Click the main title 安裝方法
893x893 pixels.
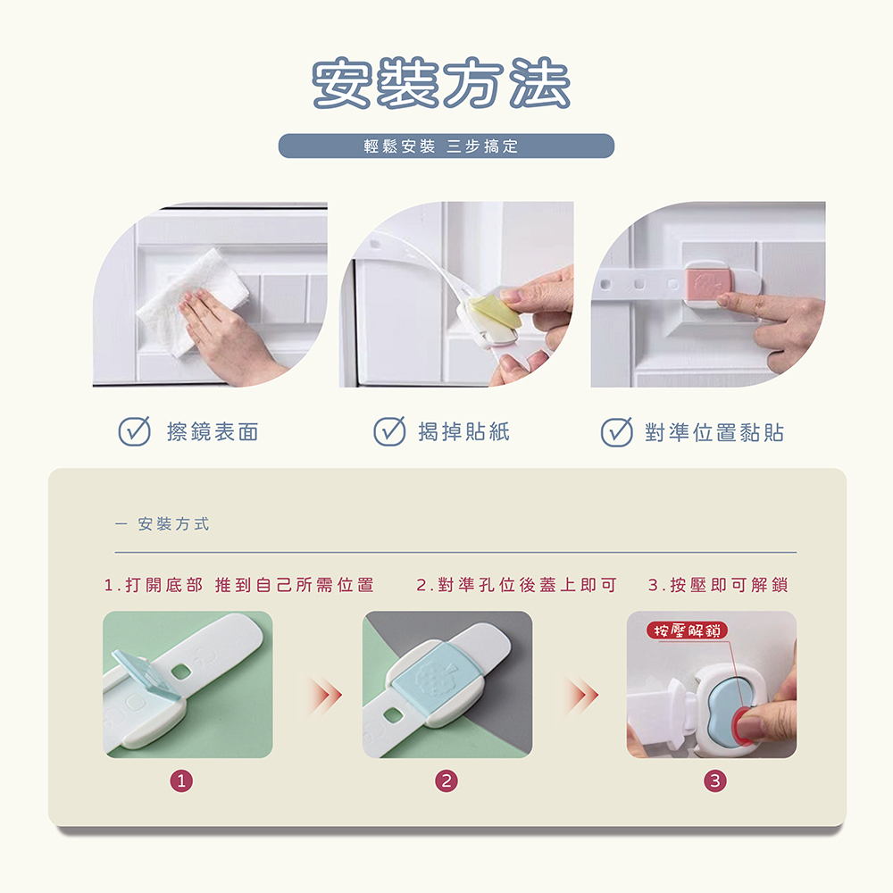click(x=441, y=83)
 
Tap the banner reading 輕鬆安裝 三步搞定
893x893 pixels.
click(x=446, y=146)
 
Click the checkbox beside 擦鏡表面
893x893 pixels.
click(x=135, y=430)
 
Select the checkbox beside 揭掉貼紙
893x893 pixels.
click(x=389, y=430)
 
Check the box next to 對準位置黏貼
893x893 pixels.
click(x=617, y=431)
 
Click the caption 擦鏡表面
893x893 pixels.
click(x=213, y=431)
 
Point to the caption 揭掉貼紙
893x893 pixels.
click(x=463, y=431)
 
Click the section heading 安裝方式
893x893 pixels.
click(x=174, y=524)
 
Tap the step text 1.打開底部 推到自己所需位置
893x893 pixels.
click(x=239, y=585)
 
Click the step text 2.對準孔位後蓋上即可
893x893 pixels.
click(x=516, y=585)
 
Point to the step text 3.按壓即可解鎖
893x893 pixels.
click(x=718, y=585)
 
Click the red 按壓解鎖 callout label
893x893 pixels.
click(x=688, y=630)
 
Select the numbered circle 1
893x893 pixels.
click(x=181, y=780)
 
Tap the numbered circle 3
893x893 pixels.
click(x=715, y=780)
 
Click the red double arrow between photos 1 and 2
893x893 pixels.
click(x=325, y=695)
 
